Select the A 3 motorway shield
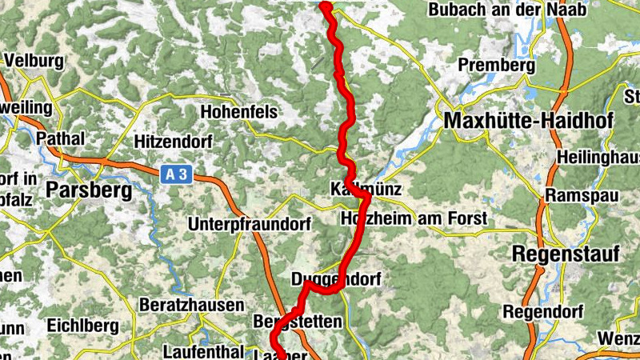point(176,173)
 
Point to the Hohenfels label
point(242,110)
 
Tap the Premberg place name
point(495,65)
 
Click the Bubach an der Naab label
point(507,10)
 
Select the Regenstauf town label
point(566,254)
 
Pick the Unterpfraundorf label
point(249,225)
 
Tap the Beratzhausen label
point(191,305)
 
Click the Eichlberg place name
point(83,326)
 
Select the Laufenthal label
point(202,351)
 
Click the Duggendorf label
point(336,279)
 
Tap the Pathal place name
point(60,138)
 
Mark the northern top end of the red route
point(325,6)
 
